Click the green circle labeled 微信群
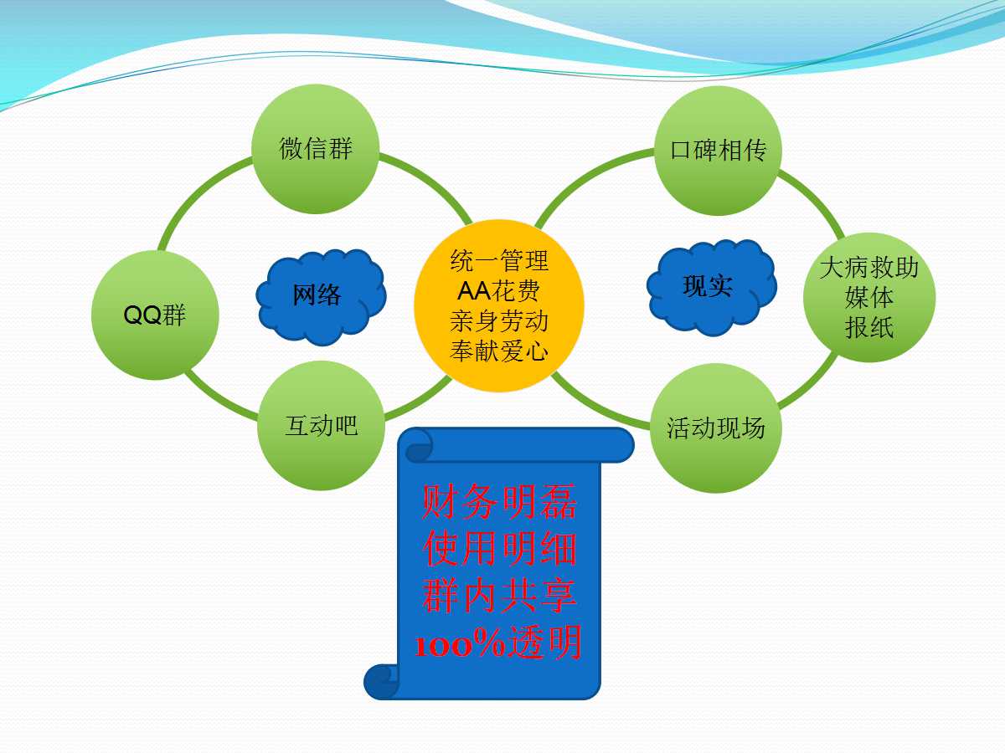coord(316,149)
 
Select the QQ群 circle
coord(155,315)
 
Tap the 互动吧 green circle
coord(321,426)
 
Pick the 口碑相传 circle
coord(718,151)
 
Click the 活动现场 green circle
coord(715,428)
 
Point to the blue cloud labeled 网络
coord(321,296)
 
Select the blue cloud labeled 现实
coord(712,287)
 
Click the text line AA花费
coord(498,291)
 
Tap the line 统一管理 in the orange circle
coord(499,260)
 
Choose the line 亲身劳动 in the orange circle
coord(499,321)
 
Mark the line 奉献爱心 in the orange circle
coord(499,351)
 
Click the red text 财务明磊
coord(498,501)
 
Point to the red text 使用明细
coord(498,549)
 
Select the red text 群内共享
coord(498,595)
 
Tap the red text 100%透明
coord(498,643)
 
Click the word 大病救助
coord(869,268)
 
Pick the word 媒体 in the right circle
coord(869,298)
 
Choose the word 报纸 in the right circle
coord(869,328)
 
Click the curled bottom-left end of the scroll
coord(381,682)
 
